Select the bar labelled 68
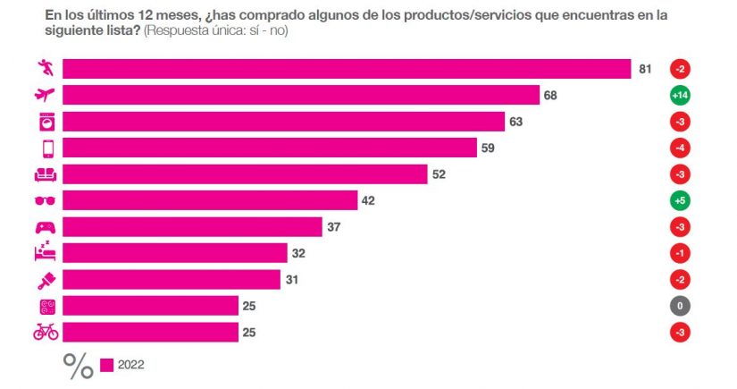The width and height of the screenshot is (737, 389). (301, 95)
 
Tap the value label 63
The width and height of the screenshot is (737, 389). (515, 122)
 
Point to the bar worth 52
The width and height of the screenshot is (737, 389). (245, 174)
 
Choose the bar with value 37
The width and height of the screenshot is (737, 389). (192, 227)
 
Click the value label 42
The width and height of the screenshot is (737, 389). (367, 201)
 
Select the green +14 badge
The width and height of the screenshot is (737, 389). (681, 95)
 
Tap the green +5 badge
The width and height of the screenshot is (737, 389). (681, 201)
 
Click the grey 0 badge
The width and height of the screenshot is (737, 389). (681, 306)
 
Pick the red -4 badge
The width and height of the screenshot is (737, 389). (681, 148)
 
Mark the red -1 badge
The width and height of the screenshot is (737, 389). (681, 253)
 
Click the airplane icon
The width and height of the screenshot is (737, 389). (45, 95)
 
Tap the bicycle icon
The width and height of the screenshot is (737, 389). (45, 332)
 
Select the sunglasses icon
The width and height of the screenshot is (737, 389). (45, 201)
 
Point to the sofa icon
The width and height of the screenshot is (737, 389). (45, 174)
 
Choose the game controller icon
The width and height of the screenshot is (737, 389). (45, 227)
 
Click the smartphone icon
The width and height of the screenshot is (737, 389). (45, 148)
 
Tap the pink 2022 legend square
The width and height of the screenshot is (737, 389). (106, 365)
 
